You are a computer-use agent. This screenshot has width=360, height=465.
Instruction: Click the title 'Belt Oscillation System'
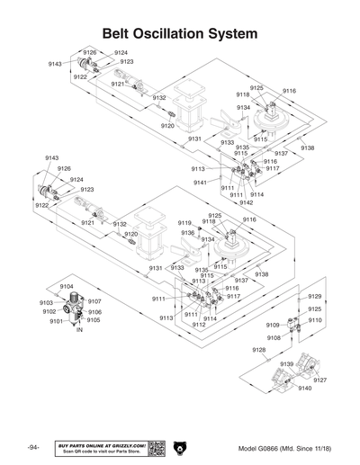pyautogui.click(x=180, y=32)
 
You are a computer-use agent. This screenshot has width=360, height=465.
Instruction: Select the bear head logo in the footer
pyautogui.click(x=178, y=448)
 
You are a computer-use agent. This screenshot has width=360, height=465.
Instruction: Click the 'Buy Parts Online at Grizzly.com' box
pyautogui.click(x=100, y=448)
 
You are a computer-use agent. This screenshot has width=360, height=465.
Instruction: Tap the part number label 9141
pyautogui.click(x=200, y=183)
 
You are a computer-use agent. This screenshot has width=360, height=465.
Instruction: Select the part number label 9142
pyautogui.click(x=247, y=202)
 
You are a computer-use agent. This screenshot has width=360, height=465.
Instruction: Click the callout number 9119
pyautogui.click(x=184, y=222)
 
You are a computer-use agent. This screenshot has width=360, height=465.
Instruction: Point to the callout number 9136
pyautogui.click(x=187, y=233)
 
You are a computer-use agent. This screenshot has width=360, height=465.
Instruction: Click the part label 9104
pyautogui.click(x=67, y=286)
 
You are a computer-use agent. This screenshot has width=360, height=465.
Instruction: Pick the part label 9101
pyautogui.click(x=55, y=321)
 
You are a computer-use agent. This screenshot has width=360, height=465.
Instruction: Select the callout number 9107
pyautogui.click(x=94, y=301)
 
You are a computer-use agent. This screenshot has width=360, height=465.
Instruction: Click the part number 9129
pyautogui.click(x=314, y=296)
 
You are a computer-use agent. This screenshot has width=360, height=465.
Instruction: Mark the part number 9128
pyautogui.click(x=258, y=349)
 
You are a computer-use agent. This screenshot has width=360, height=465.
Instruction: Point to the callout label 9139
pyautogui.click(x=286, y=363)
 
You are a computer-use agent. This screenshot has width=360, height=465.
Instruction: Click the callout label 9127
pyautogui.click(x=319, y=380)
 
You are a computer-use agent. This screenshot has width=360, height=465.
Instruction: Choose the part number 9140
pyautogui.click(x=304, y=388)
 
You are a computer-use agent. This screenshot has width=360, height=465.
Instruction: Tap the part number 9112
pyautogui.click(x=199, y=325)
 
